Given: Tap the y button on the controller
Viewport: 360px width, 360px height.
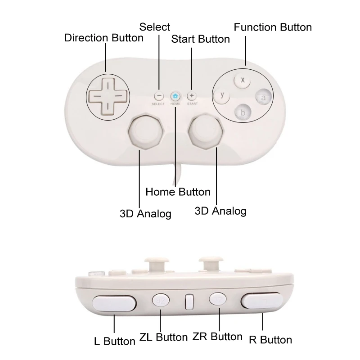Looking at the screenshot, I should point(221,95).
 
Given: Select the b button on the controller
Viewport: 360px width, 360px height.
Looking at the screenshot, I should point(243,112).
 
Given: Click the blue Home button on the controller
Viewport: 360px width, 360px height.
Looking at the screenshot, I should point(175,96).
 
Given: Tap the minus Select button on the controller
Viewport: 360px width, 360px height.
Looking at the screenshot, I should point(158,96).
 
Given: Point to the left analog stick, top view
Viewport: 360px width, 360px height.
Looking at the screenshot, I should point(145,131).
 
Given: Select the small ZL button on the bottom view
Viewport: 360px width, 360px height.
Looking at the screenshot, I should point(160,300).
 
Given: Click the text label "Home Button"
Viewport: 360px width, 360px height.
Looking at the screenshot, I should point(178,192).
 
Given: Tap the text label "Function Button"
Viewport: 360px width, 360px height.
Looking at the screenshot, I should point(273,27).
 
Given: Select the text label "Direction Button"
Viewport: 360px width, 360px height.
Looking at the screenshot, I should point(104,38).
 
